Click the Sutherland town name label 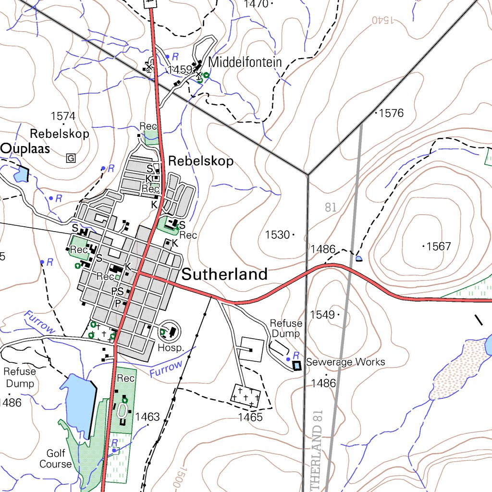click(224, 274)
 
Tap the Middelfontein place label click(245, 62)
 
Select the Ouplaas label click(25, 148)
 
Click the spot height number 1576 click(391, 113)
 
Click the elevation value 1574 click(63, 116)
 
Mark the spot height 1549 click(322, 315)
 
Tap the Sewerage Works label click(345, 362)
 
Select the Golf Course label click(55, 459)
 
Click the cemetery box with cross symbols click(246, 395)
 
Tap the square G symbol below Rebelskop click(71, 158)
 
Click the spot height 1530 click(277, 235)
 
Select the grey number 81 click(331, 208)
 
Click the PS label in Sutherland click(117, 291)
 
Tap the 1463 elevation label click(147, 417)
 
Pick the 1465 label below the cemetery click(250, 417)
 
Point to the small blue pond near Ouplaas click(21, 174)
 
